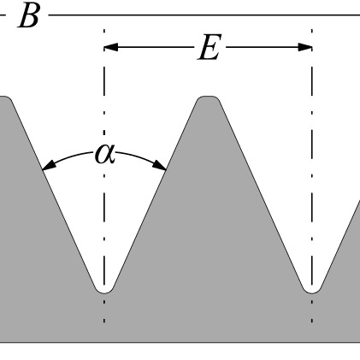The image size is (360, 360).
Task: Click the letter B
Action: coord(28,16)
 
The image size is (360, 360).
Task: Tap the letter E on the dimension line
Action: coord(210,47)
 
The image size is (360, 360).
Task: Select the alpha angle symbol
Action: coord(105,154)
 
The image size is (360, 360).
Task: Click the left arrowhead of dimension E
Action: coord(111,47)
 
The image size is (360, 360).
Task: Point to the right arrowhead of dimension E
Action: coord(305,47)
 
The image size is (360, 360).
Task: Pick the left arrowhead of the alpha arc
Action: coord(49,165)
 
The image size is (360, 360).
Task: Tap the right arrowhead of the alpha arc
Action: coord(160,165)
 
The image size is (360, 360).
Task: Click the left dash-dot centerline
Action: coord(104,176)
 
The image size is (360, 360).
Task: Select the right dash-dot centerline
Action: coord(312,176)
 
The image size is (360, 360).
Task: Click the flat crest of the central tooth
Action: coord(209,97)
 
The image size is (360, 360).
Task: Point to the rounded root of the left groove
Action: coord(104,292)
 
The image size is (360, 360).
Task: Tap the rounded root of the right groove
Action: coord(312,292)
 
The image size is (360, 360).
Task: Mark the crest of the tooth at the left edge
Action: coord(5,97)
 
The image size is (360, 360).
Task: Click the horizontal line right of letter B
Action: coord(204,15)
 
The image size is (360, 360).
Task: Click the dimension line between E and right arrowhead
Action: coord(262,47)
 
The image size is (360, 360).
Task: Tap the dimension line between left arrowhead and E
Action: coord(156,47)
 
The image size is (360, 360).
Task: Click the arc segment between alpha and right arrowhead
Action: coord(136,156)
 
